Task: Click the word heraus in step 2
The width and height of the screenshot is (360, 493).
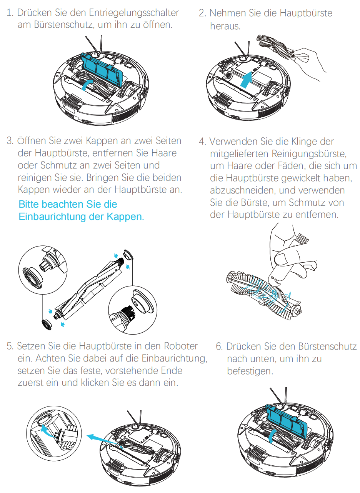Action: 224,27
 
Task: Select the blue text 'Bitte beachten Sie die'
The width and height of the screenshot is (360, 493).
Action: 68,204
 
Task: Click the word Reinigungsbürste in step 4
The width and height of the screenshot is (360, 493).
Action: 309,153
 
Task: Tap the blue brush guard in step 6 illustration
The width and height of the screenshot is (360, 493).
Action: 286,419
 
